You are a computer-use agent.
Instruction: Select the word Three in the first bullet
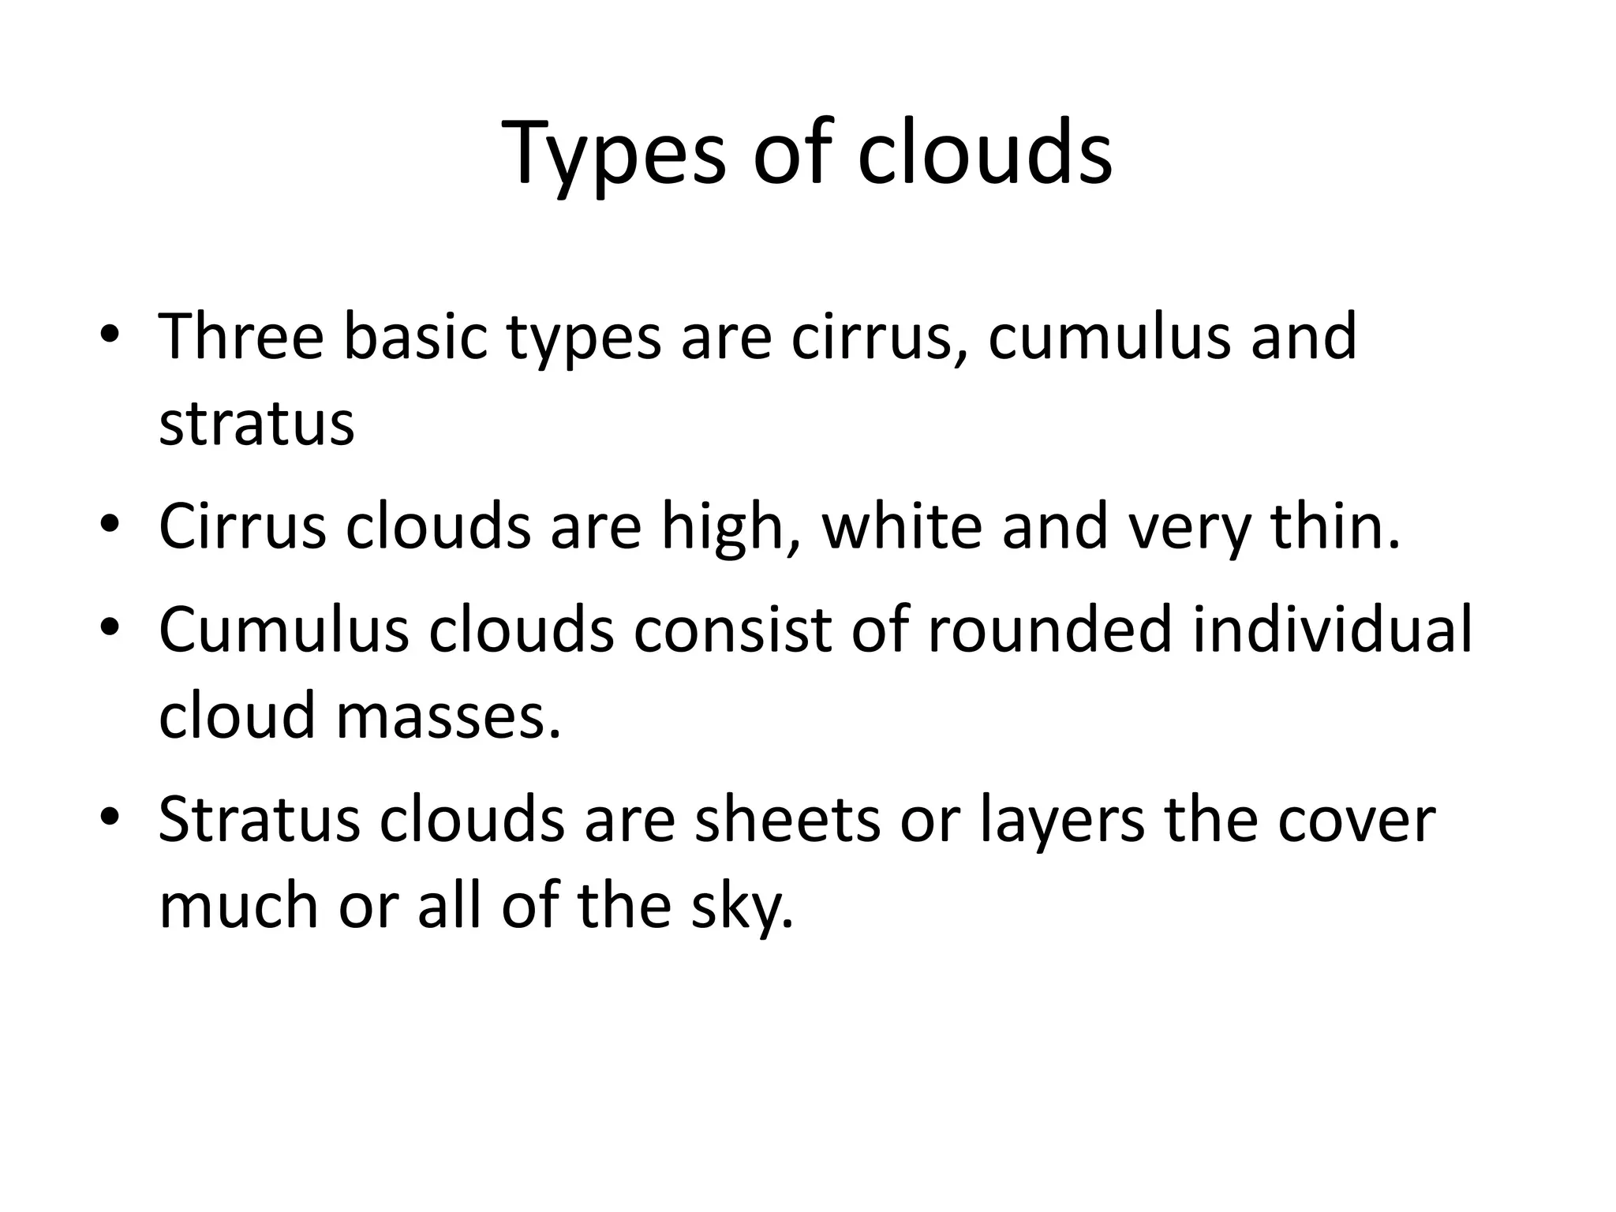241,337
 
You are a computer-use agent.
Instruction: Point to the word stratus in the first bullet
256,424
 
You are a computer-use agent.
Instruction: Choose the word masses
448,716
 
